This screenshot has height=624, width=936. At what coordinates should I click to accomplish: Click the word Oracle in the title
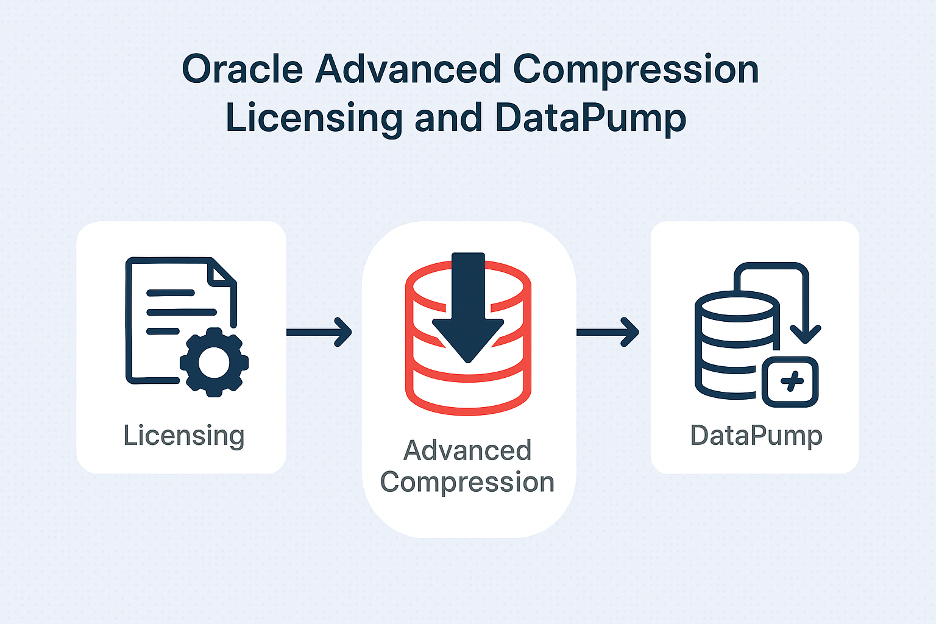243,69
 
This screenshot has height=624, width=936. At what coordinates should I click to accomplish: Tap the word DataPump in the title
590,118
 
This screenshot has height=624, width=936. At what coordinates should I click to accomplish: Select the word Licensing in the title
314,119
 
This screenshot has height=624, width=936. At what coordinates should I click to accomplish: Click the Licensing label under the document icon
184,436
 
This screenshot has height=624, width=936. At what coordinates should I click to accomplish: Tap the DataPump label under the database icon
756,436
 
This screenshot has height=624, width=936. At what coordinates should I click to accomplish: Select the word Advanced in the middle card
467,450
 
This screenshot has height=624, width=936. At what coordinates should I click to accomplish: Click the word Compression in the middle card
467,483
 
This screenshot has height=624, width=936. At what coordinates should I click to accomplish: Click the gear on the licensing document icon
214,362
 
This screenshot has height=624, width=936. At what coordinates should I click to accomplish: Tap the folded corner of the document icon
221,272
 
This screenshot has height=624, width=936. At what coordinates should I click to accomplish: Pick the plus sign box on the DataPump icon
790,381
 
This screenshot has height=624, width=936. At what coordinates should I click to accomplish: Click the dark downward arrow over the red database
468,307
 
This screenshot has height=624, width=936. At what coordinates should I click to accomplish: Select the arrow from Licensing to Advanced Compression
319,332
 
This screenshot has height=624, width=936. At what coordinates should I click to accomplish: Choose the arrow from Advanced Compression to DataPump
608,332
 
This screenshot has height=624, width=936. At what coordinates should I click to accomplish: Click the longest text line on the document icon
182,312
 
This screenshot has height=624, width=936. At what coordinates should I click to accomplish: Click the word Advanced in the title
408,69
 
